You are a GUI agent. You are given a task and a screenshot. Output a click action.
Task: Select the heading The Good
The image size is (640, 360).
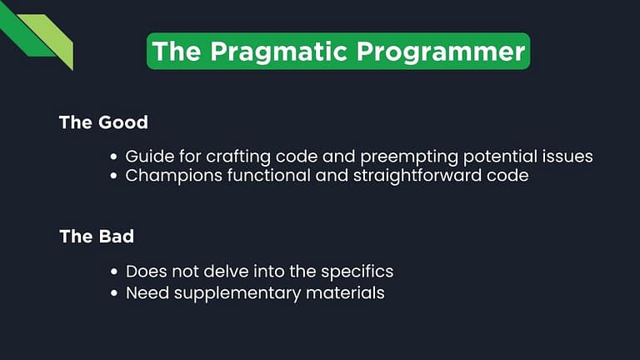[x=103, y=122]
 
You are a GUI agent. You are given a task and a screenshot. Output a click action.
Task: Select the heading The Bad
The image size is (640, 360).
[x=97, y=237]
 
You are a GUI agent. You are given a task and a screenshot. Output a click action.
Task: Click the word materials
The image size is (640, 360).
[x=344, y=292]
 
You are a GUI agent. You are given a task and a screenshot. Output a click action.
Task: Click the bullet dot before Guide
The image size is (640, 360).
[x=114, y=157]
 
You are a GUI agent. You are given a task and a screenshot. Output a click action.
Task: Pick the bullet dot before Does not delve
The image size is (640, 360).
[x=114, y=272]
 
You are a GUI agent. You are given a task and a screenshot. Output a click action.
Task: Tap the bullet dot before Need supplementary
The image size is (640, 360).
[x=114, y=292]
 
